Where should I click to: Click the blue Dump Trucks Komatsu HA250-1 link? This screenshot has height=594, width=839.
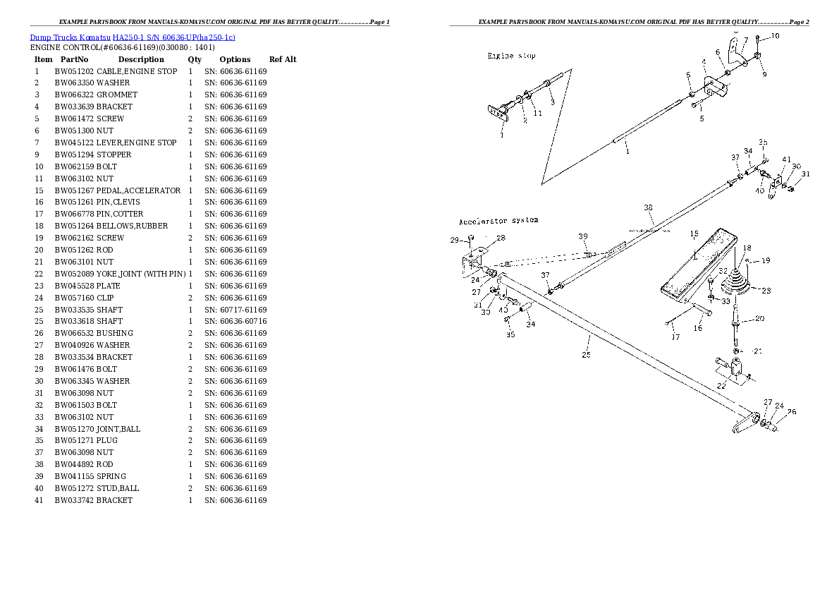coord(132,37)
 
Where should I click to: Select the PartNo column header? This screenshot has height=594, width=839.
coord(74,59)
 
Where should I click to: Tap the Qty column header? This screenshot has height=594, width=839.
coord(195,59)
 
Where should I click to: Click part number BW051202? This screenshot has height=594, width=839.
coord(74,71)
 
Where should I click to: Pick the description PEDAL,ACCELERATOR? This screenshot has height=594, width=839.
coord(138,190)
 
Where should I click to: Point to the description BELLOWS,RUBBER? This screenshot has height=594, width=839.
coord(132,226)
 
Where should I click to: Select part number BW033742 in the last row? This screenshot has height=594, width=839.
coord(74,500)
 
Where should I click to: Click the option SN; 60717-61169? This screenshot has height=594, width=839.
coord(235,310)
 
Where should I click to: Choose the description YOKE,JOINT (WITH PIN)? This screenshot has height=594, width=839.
coord(141,274)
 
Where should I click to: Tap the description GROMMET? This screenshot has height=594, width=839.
coord(116,95)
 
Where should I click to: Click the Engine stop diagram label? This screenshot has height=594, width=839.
coord(511,56)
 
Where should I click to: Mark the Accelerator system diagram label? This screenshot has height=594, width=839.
coord(498,220)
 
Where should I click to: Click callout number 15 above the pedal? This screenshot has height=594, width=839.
coord(694,234)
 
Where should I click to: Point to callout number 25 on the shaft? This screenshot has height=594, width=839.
coord(586,354)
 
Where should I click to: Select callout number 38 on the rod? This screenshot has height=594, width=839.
coord(648,207)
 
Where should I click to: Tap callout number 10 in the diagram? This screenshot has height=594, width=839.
coord(775,35)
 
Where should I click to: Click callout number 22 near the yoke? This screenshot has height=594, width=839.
coord(720,385)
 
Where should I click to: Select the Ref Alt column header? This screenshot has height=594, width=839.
coord(283,59)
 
